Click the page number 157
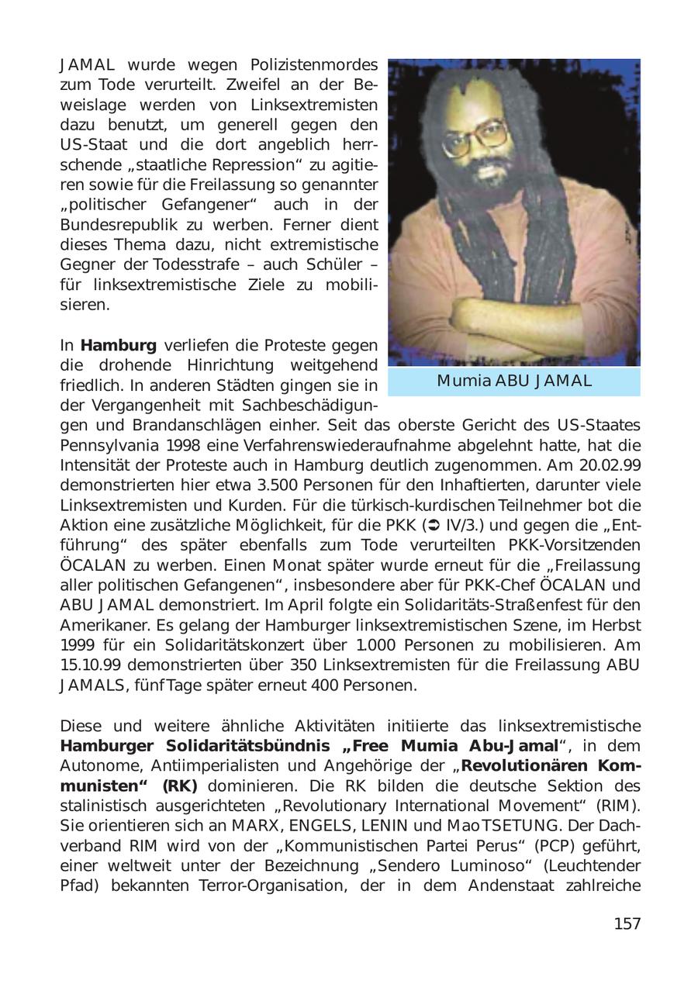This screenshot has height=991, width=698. tap(627, 924)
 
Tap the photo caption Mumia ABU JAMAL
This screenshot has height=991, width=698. tap(514, 381)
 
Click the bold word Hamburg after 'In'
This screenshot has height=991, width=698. tap(118, 345)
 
